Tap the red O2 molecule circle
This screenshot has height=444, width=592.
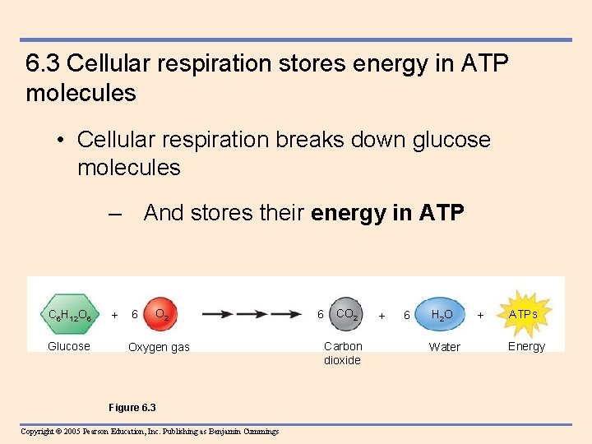[163, 314]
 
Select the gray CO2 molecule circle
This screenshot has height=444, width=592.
[346, 314]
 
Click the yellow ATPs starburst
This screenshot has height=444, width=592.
[523, 314]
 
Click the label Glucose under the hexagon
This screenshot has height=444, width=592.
[69, 346]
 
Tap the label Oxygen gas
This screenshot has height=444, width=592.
[159, 347]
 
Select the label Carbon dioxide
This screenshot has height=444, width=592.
[342, 354]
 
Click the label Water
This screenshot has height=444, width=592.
[445, 347]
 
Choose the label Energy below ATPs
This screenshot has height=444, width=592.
[526, 346]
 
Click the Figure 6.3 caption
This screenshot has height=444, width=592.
[132, 408]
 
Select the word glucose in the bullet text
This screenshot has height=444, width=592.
[446, 139]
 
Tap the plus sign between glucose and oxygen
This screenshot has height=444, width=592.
[114, 315]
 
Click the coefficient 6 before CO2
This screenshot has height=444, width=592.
[321, 314]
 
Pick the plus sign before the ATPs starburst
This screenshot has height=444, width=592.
[481, 315]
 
